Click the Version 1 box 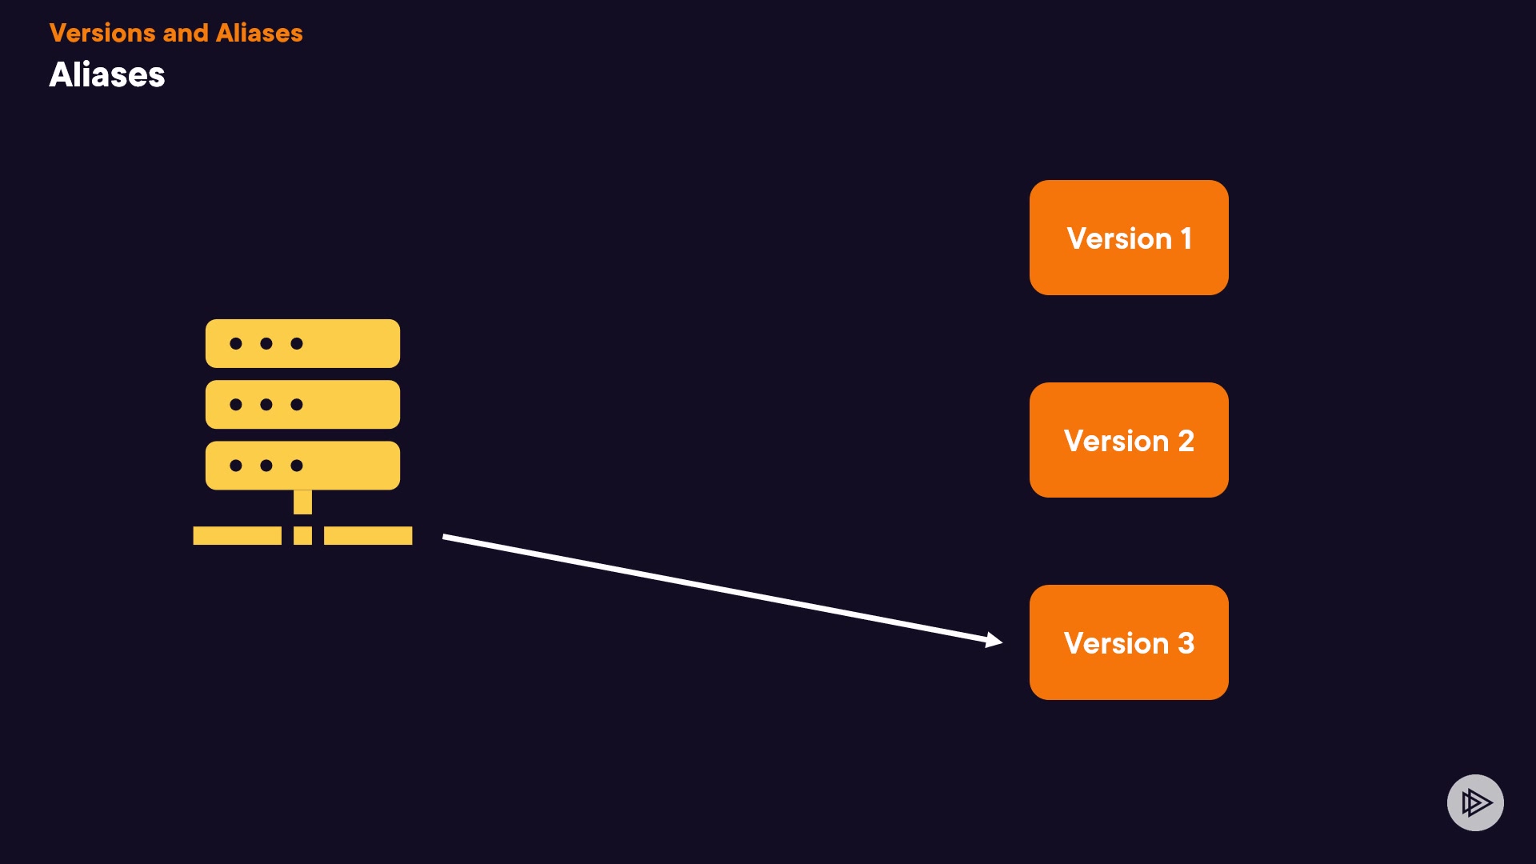point(1129,238)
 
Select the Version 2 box point(1129,440)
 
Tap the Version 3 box point(1129,642)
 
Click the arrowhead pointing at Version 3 point(994,639)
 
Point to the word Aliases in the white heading point(107,75)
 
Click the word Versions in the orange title point(102,33)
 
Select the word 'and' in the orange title point(185,33)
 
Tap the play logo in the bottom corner point(1475,802)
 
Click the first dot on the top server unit point(236,343)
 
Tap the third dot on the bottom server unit point(297,465)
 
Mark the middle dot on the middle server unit point(266,404)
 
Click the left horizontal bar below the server point(237,535)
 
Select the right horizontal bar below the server point(368,535)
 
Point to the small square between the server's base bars point(302,535)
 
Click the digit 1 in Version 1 point(1186,238)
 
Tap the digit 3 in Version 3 point(1186,643)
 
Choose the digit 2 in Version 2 point(1186,441)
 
